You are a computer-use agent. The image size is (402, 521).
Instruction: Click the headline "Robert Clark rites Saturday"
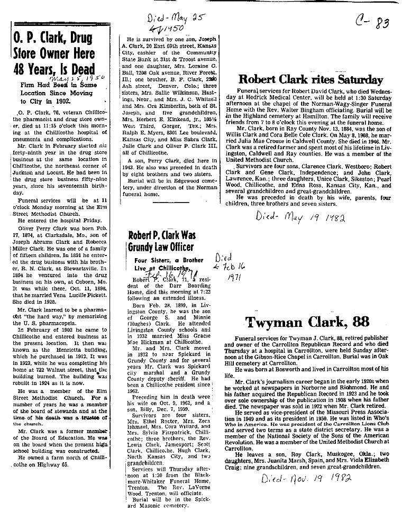tap(310, 80)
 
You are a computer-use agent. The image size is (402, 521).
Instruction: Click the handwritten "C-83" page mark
tap(372, 22)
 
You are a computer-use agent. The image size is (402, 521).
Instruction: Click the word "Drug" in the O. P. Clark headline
tap(80, 38)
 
